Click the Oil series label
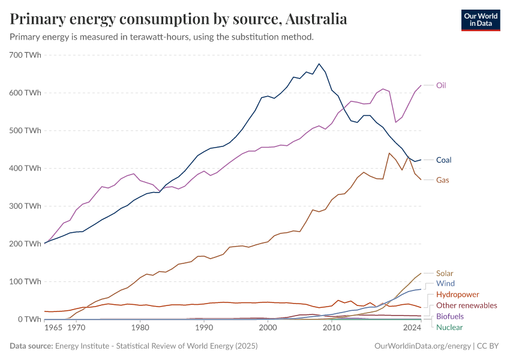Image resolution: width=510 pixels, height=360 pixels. coord(440,85)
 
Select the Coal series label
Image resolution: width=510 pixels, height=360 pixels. coord(443,160)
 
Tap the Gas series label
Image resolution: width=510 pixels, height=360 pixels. coord(442,180)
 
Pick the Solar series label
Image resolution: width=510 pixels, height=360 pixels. coord(445,273)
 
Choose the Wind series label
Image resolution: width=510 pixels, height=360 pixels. coord(445,283)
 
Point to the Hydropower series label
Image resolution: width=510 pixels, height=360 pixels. coord(457,295)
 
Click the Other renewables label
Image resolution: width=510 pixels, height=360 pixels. coord(466,305)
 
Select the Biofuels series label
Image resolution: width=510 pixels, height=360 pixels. coord(449,316)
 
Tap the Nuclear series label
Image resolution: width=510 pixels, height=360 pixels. coord(449,327)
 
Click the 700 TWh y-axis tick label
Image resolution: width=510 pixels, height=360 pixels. coord(25,55)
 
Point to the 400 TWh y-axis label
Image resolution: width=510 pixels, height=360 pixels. coord(25,169)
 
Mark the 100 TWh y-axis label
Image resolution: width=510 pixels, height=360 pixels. coord(25,281)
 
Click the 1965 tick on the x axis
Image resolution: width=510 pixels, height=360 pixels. coord(53,328)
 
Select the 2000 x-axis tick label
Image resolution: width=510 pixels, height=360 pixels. coord(268,328)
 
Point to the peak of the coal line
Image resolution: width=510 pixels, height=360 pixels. coord(319,64)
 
